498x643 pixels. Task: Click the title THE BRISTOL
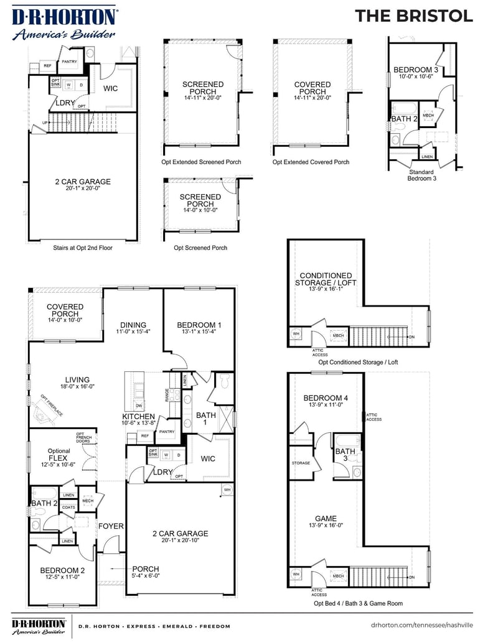[x=413, y=16]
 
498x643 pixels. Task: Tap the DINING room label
[x=133, y=325]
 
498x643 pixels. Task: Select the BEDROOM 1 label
[x=199, y=325]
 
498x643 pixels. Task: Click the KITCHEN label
[x=138, y=416]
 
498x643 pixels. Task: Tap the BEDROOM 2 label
[x=62, y=570]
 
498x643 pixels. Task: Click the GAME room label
[x=326, y=518]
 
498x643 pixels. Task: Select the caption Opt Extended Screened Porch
[x=201, y=162]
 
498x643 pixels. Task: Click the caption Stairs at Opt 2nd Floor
[x=83, y=247]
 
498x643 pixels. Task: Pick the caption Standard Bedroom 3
[x=421, y=175]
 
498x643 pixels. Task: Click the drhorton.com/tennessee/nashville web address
[x=421, y=626]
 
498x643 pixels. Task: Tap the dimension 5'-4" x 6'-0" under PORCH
[x=145, y=576]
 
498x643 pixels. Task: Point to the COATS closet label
[x=68, y=507]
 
